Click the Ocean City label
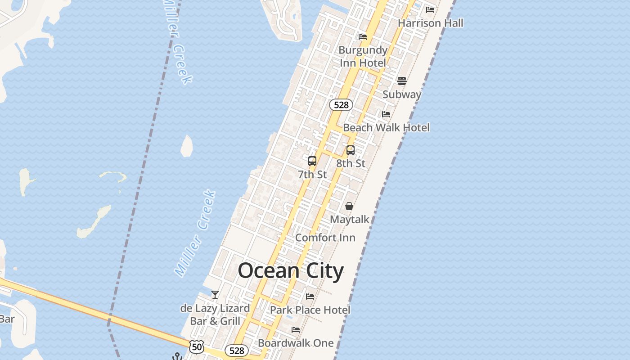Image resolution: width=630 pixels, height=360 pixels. pyautogui.click(x=291, y=271)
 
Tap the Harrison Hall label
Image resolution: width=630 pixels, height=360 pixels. pyautogui.click(x=430, y=23)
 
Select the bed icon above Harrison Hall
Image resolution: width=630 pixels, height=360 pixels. pyautogui.click(x=430, y=9)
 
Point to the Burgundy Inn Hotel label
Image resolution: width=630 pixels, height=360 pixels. pyautogui.click(x=363, y=56)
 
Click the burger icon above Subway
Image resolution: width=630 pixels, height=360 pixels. pyautogui.click(x=402, y=81)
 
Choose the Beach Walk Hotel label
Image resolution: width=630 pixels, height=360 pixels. pyautogui.click(x=386, y=127)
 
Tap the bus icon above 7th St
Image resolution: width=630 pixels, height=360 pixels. pyautogui.click(x=312, y=161)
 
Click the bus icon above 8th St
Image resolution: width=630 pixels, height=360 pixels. pyautogui.click(x=351, y=150)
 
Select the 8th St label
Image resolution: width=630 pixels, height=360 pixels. pyautogui.click(x=351, y=163)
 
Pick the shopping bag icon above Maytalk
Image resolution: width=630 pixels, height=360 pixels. pyautogui.click(x=349, y=206)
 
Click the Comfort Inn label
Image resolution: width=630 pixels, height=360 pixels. pyautogui.click(x=325, y=238)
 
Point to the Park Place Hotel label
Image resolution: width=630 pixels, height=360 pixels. pyautogui.click(x=310, y=310)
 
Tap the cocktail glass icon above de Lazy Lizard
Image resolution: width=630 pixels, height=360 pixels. pyautogui.click(x=215, y=295)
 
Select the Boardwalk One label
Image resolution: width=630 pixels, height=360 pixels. pyautogui.click(x=296, y=343)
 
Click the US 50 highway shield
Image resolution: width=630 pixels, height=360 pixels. pyautogui.click(x=197, y=347)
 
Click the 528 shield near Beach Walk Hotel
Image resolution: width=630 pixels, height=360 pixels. pyautogui.click(x=341, y=105)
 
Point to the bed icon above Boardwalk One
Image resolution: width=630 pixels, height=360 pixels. pyautogui.click(x=296, y=330)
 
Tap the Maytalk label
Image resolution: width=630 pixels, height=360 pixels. pyautogui.click(x=350, y=220)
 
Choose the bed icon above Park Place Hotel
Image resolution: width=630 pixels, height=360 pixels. pyautogui.click(x=310, y=297)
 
